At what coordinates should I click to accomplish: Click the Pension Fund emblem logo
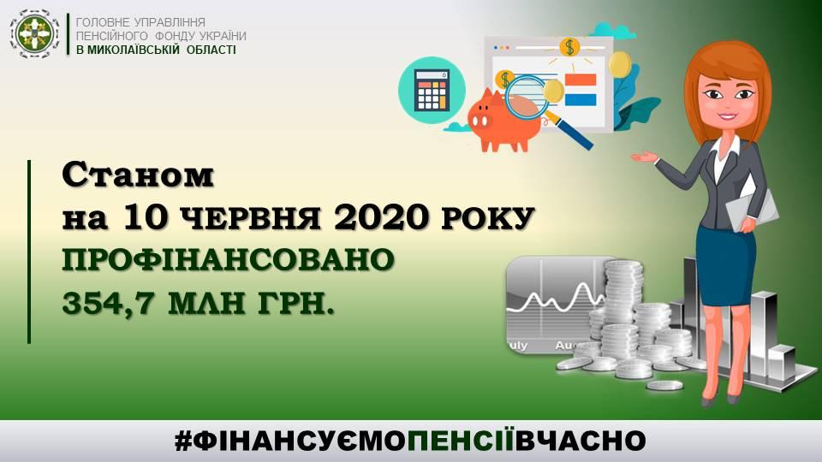[x=35, y=34]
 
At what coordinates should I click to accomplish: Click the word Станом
[x=138, y=175]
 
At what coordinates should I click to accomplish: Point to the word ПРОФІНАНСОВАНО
[x=228, y=260]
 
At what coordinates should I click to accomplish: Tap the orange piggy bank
[x=503, y=121]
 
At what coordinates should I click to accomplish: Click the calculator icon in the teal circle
[x=432, y=90]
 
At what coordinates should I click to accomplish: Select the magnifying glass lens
[x=526, y=98]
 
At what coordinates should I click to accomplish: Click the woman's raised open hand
[x=644, y=157]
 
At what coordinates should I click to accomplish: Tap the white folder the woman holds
[x=751, y=207]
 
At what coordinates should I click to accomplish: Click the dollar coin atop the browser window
[x=570, y=47]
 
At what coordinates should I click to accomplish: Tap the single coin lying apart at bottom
[x=664, y=386]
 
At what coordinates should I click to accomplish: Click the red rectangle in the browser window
[x=581, y=80]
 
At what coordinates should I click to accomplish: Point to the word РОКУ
[x=487, y=218]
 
